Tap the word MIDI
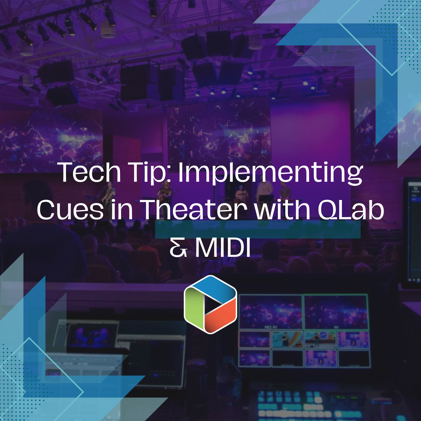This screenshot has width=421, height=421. coord(223,248)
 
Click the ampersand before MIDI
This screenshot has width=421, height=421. coord(178,248)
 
